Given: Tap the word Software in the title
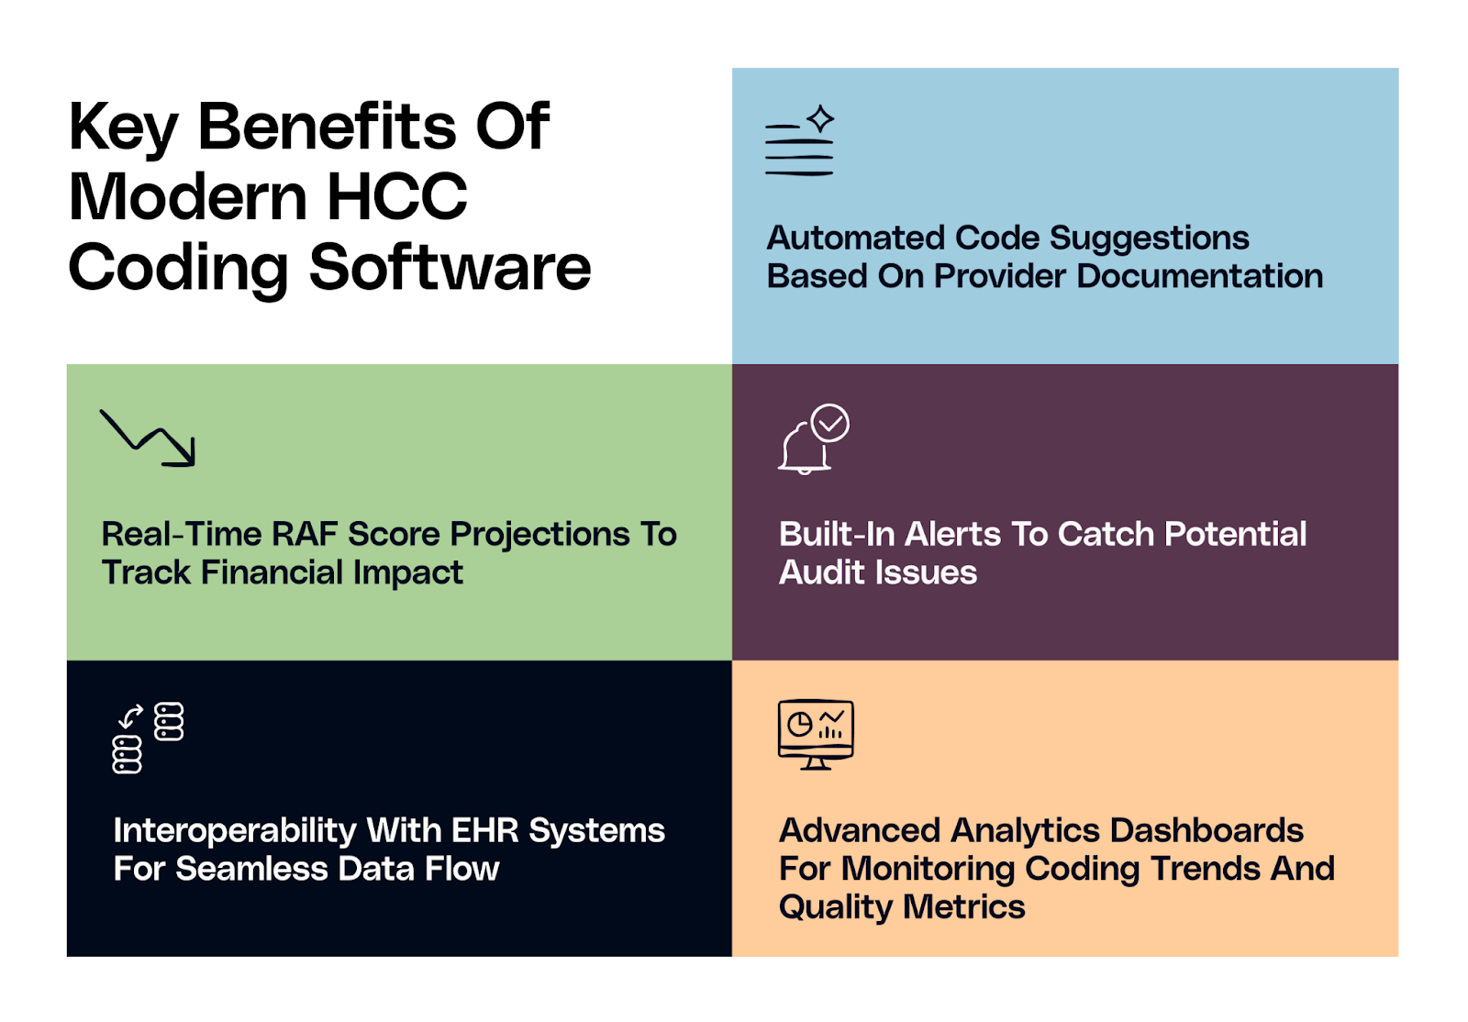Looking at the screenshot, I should (x=450, y=268).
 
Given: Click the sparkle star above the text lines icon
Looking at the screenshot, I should (x=820, y=118).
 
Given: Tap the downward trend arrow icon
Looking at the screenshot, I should (x=148, y=438).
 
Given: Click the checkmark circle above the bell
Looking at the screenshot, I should (x=830, y=423).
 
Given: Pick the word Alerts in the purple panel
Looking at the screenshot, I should (x=951, y=534).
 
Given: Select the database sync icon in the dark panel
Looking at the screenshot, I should (x=148, y=738).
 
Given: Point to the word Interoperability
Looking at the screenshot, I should (x=234, y=830).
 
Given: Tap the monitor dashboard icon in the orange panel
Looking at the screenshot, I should (x=816, y=734).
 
